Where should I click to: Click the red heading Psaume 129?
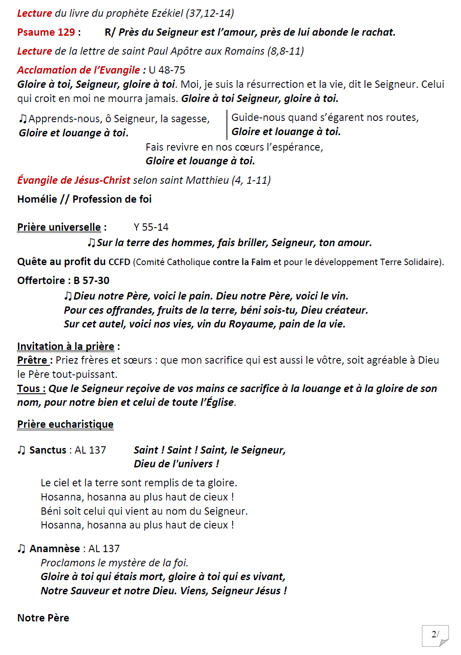[46, 32]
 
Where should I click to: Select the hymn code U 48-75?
[167, 70]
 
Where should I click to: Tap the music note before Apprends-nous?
[23, 119]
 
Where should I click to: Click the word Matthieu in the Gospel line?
[207, 180]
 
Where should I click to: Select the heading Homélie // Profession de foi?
[84, 199]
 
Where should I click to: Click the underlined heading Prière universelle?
[59, 227]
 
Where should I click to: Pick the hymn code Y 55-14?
[151, 227]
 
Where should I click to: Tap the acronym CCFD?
[119, 262]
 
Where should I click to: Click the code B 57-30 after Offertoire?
[91, 281]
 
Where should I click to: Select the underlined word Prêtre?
[32, 360]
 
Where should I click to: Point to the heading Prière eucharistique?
[65, 424]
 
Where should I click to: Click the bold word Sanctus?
[48, 450]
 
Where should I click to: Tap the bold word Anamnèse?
[55, 549]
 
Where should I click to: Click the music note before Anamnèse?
[22, 549]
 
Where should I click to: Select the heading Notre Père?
[43, 618]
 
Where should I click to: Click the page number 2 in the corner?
[434, 634]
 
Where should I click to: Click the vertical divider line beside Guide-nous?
[227, 125]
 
